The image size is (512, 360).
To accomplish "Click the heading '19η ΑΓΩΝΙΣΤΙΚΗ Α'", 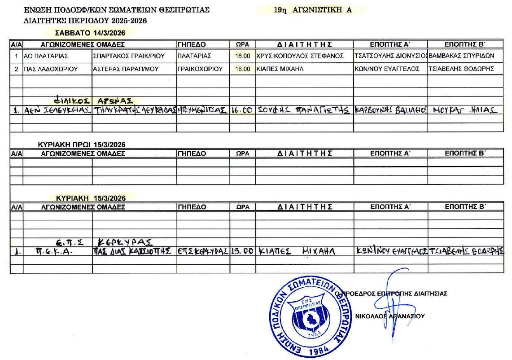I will pos(312,9).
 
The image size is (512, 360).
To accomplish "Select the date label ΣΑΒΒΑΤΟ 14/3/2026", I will pos(90,33).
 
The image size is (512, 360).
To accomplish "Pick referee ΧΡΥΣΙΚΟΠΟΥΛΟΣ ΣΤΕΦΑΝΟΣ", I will pos(300,56).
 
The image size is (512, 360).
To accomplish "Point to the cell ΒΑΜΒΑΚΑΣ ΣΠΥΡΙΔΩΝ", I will pos(461,56).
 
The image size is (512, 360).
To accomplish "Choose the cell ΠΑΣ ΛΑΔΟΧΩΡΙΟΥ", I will pos(51,69).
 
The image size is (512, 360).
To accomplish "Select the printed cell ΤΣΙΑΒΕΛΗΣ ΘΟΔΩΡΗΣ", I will pos(461,69).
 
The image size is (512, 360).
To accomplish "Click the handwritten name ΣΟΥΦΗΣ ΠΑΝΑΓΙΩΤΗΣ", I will pos(303,110).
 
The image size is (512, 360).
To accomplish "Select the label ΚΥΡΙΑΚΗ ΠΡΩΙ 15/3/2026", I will pos(82,145).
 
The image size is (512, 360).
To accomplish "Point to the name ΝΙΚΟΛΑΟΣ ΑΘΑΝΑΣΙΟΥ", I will pos(389,316).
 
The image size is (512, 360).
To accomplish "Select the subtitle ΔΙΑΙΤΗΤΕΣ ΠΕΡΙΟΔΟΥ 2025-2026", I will pos(85,20).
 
